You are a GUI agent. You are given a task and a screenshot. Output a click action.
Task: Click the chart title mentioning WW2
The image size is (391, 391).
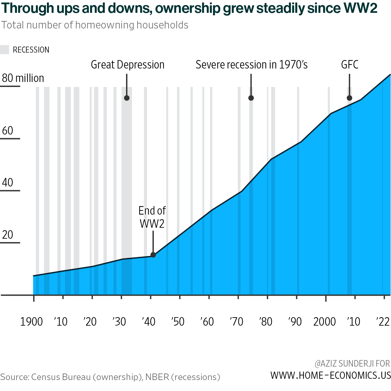tap(189, 8)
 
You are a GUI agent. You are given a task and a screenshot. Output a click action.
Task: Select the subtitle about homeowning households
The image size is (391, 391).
tap(95, 25)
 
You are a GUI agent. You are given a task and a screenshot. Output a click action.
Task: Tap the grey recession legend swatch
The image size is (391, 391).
tap(5, 50)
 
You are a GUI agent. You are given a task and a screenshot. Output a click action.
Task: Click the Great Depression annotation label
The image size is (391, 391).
tap(128, 65)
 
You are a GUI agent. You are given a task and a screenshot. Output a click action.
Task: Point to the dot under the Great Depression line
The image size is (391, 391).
tap(127, 98)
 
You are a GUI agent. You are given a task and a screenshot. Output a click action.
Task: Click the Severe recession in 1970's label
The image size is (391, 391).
tap(251, 65)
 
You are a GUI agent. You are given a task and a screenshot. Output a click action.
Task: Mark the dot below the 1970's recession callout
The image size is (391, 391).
tap(251, 98)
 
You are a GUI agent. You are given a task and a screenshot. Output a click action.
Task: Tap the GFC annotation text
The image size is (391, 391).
tap(349, 65)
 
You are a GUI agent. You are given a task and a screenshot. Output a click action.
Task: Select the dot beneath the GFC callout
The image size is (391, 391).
tap(349, 98)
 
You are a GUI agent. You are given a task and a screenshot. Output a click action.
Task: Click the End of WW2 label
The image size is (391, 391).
tap(152, 217)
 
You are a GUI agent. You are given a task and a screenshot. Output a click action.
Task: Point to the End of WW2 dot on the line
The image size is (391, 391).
tap(153, 255)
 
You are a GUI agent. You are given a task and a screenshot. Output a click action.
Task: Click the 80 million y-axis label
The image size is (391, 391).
tap(23, 78)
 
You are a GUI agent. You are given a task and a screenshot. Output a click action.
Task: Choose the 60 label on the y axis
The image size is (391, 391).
tap(8, 130)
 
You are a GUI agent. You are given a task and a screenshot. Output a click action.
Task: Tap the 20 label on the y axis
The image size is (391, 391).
tap(8, 235)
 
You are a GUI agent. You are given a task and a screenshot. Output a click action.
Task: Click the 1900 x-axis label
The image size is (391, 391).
tap(31, 322)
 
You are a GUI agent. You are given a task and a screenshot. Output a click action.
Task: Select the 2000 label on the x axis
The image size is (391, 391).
tap(324, 322)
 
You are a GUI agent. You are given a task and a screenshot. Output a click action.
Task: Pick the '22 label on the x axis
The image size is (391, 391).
tap(383, 322)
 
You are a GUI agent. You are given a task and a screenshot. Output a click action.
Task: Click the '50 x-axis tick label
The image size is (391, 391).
tap(178, 322)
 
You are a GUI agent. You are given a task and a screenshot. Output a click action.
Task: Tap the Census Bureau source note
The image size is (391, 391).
tap(110, 377)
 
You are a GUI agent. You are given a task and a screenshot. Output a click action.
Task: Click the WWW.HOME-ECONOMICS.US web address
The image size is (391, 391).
tap(331, 375)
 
